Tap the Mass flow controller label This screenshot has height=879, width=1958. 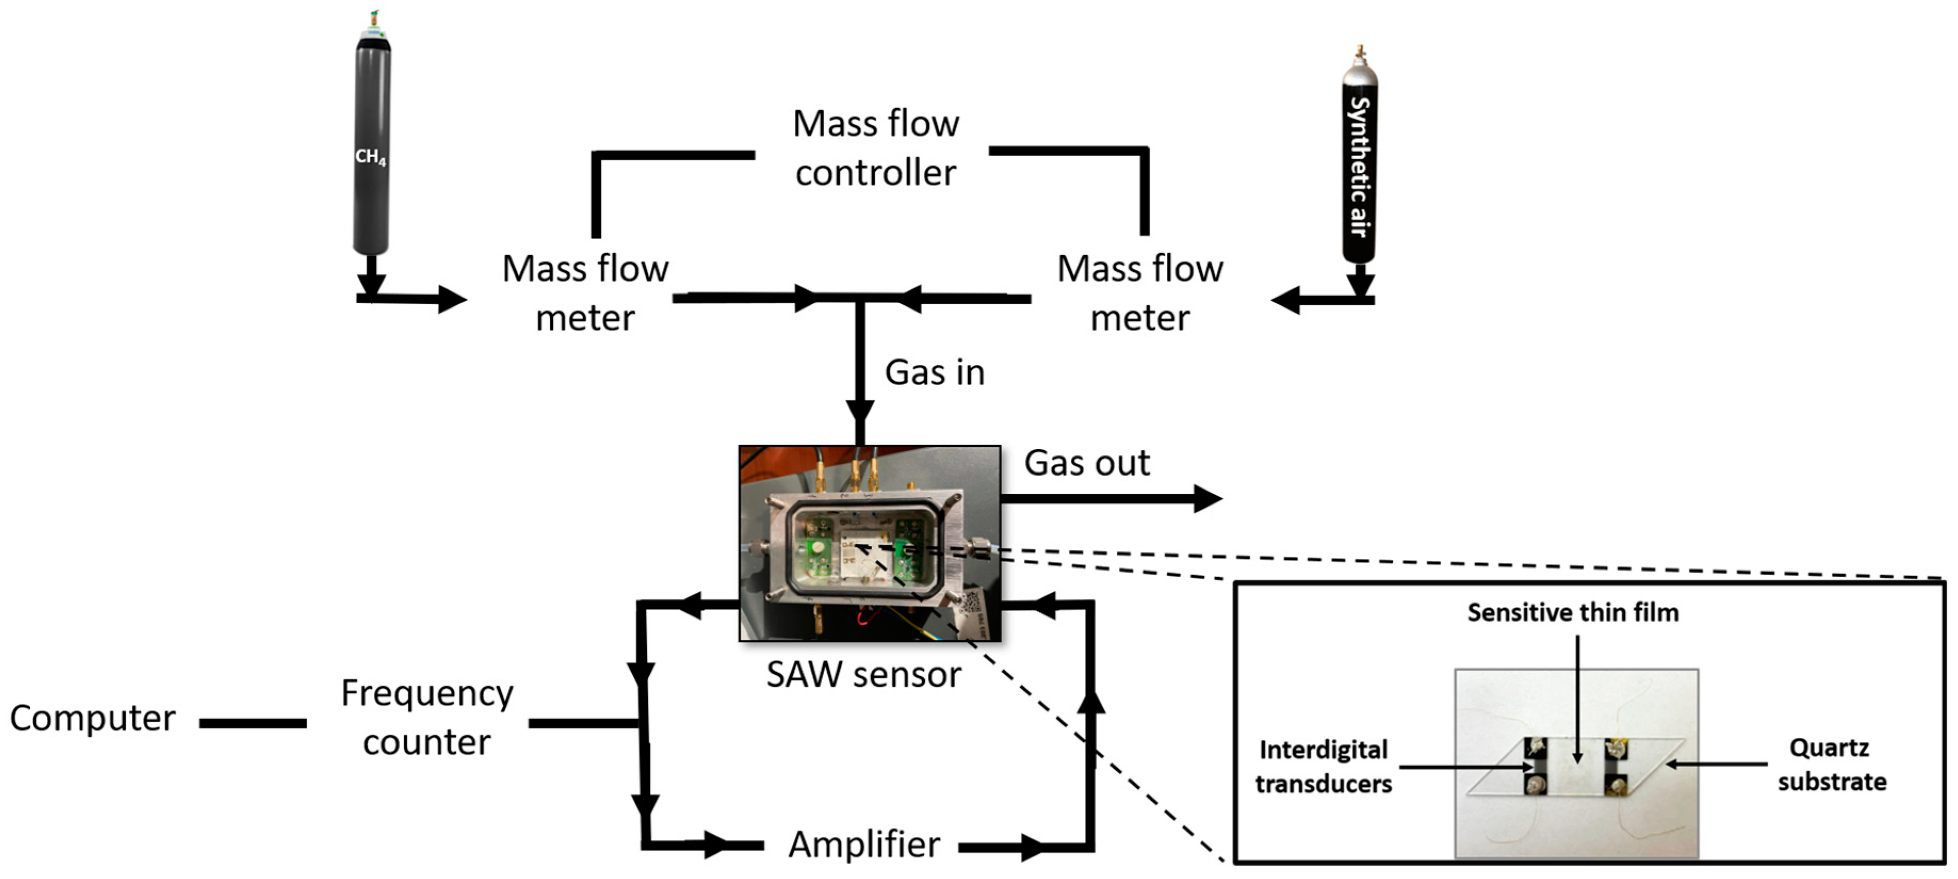tap(875, 148)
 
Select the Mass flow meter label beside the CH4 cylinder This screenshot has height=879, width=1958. tap(586, 292)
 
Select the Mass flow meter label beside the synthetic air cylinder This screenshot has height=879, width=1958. tap(1140, 292)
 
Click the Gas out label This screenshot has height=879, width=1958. tap(1087, 462)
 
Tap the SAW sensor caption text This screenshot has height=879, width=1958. tap(864, 674)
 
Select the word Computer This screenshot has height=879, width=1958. tap(92, 718)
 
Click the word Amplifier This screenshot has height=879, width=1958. tap(864, 844)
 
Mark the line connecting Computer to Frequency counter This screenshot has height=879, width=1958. tap(253, 723)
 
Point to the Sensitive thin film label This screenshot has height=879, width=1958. tap(1573, 612)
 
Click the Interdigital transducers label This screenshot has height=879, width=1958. tap(1323, 766)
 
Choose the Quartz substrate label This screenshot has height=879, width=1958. tap(1832, 764)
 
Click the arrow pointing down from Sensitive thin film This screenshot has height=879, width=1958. tap(1577, 699)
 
